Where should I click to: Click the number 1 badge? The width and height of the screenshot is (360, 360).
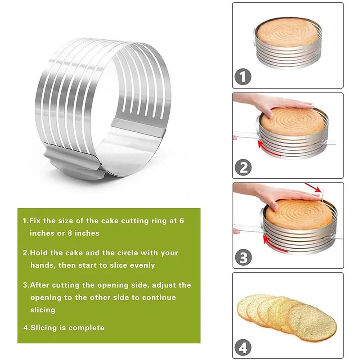(x=243, y=77)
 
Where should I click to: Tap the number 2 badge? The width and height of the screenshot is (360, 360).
(x=243, y=167)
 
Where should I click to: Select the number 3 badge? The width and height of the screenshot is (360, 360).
(x=243, y=257)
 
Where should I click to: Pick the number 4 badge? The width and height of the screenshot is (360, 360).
(x=243, y=347)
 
